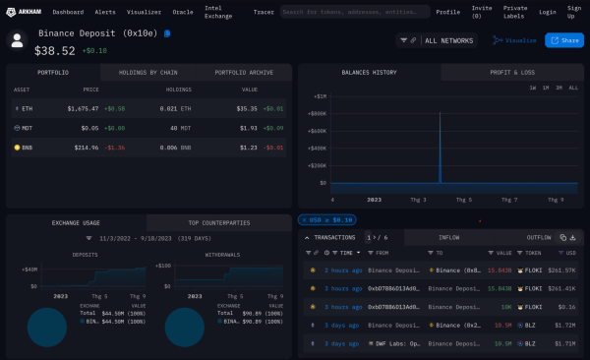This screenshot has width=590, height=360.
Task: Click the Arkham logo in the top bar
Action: point(29,12)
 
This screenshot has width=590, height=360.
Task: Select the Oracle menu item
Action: point(183,12)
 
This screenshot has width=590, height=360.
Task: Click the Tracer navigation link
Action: point(264,12)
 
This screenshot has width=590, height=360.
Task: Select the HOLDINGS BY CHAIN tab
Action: point(149,73)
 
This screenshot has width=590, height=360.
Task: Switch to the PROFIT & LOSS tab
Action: point(512,73)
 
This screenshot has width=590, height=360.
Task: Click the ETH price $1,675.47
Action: point(84,109)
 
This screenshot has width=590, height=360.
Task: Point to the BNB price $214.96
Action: point(84,147)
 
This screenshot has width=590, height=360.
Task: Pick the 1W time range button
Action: point(532,89)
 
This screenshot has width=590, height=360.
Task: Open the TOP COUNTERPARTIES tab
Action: point(220,223)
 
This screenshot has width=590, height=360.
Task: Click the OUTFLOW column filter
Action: point(538,237)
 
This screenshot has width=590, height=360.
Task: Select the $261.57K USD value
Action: point(560,270)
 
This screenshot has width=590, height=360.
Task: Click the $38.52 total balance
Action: point(56,49)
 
